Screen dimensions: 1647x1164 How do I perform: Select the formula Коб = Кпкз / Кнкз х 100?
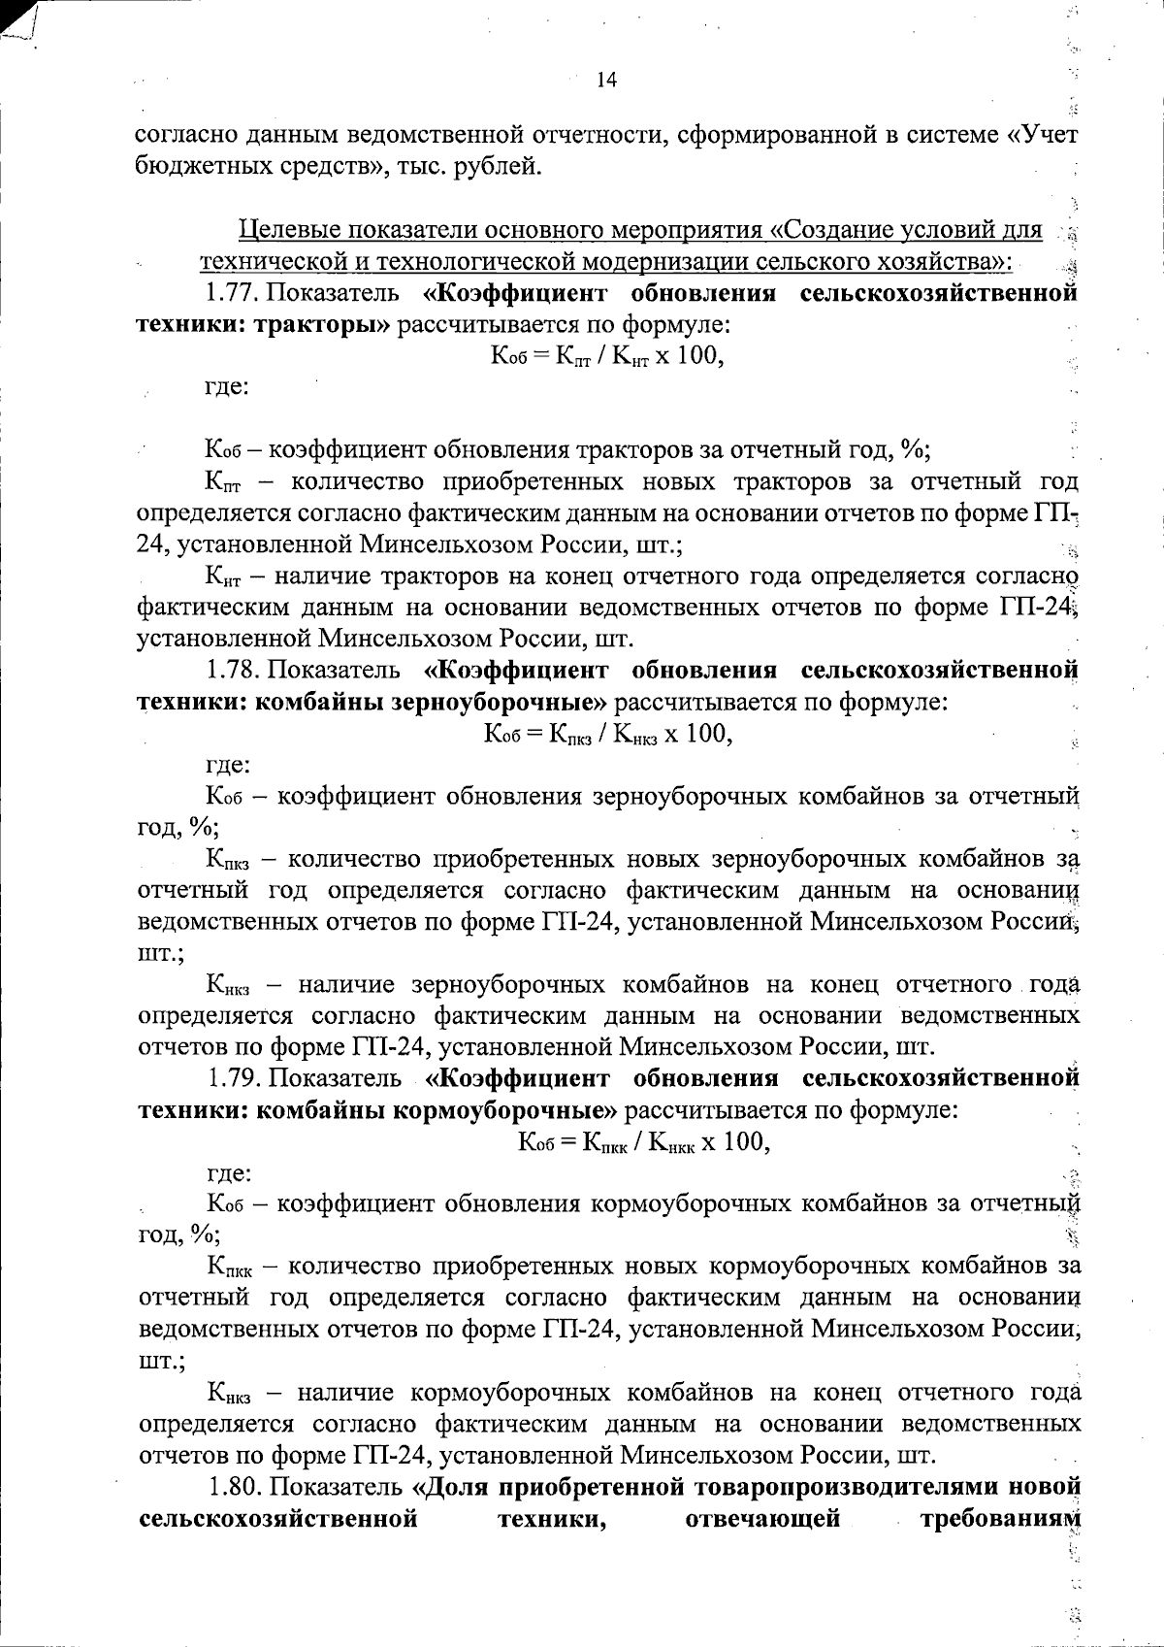click(607, 734)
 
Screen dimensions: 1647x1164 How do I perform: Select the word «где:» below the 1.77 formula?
click(226, 387)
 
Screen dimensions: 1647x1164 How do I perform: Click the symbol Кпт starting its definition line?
click(222, 482)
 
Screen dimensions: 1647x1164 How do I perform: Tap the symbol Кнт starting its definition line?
click(222, 577)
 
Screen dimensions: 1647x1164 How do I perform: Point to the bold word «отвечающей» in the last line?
click(762, 1518)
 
